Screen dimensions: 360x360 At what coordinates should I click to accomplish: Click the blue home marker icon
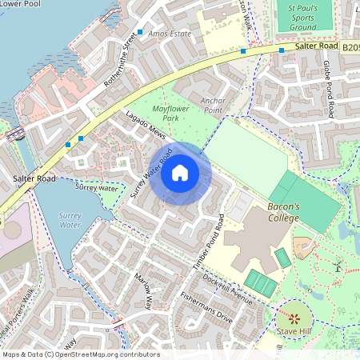pyautogui.click(x=180, y=174)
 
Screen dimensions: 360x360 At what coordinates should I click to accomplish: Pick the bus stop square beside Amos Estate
pyautogui.click(x=140, y=33)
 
